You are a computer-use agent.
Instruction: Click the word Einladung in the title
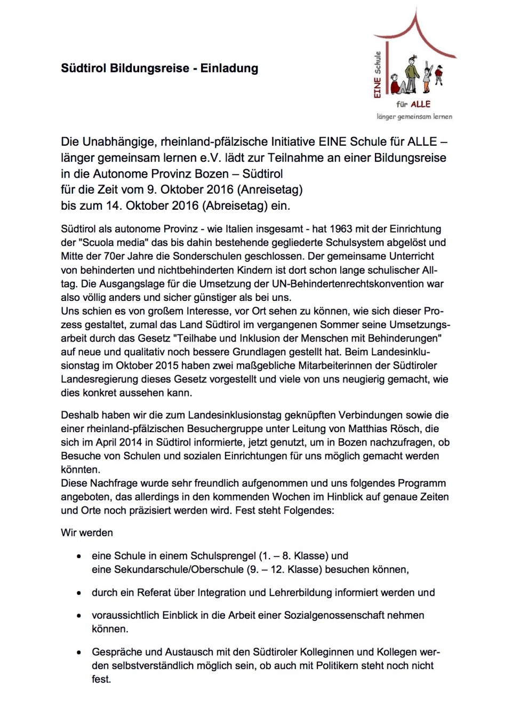pyautogui.click(x=229, y=68)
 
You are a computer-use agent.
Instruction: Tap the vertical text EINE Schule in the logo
pyautogui.click(x=378, y=75)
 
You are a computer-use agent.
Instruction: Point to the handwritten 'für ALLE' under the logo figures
pyautogui.click(x=413, y=104)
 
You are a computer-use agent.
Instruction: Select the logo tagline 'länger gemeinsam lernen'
pyautogui.click(x=414, y=116)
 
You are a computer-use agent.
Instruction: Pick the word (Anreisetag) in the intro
pyautogui.click(x=270, y=189)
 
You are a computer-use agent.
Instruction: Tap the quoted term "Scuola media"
pyautogui.click(x=113, y=243)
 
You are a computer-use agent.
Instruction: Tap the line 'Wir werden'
pyautogui.click(x=87, y=532)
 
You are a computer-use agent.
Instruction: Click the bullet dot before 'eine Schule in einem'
pyautogui.click(x=79, y=556)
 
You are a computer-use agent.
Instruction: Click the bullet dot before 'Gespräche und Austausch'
pyautogui.click(x=79, y=652)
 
